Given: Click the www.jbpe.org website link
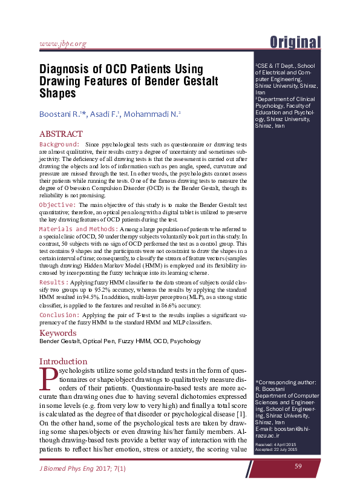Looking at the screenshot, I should click(63, 43).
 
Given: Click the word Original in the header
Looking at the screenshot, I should click(295, 42).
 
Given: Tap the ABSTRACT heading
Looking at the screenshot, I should click(61, 134).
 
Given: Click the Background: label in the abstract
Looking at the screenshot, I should click(59, 145).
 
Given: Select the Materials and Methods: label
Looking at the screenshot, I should click(78, 229).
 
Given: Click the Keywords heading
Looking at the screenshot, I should click(57, 333).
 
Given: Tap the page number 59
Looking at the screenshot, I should click(298, 465).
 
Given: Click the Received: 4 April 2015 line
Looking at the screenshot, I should click(276, 444).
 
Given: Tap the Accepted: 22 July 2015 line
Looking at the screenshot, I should click(276, 450).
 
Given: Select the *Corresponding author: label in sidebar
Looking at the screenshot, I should click(286, 382).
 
